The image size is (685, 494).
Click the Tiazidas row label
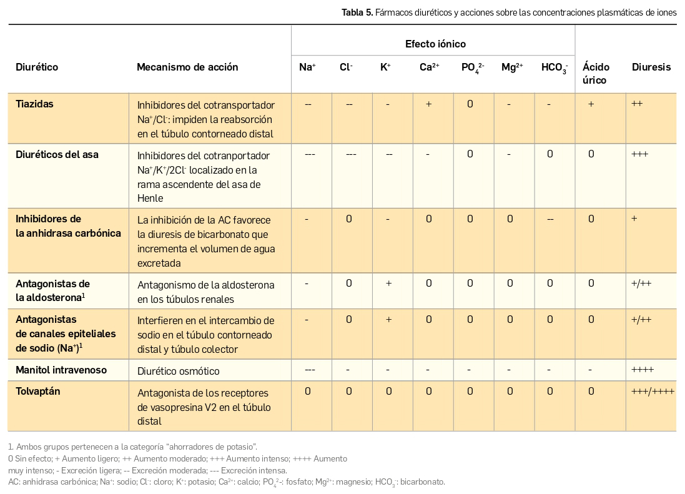[x=34, y=104]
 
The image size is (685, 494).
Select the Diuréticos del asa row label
[x=57, y=154]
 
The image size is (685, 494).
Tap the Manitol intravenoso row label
[x=61, y=370]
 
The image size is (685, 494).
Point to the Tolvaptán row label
[x=38, y=392]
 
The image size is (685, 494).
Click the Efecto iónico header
[x=435, y=44]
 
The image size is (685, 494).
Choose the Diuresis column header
[x=651, y=67]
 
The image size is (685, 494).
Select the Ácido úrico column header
[x=596, y=73]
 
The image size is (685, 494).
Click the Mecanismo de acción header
[x=187, y=67]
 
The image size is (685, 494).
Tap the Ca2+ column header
[x=429, y=67]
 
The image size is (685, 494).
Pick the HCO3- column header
[x=554, y=67]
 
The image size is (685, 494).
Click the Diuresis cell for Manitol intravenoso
[x=643, y=370]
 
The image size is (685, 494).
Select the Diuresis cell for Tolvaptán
[x=653, y=392]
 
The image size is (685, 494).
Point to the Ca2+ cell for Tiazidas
[x=429, y=104]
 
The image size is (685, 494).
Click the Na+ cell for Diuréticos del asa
[x=310, y=154]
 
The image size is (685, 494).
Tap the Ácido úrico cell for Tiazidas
[x=591, y=104]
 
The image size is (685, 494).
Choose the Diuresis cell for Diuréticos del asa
[x=640, y=154]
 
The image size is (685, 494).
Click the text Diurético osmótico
[x=179, y=371]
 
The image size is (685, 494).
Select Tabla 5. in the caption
[x=357, y=12]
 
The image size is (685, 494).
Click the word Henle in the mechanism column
[x=150, y=198]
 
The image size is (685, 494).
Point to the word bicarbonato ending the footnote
[x=423, y=482]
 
